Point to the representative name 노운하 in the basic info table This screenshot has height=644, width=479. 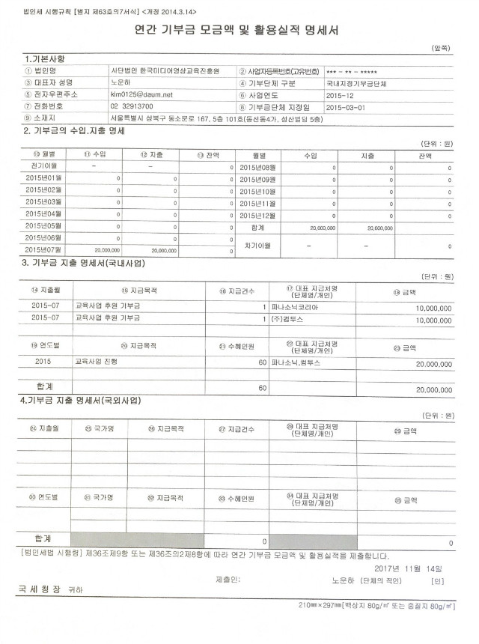[122, 82]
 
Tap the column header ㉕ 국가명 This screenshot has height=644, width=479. [99, 429]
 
